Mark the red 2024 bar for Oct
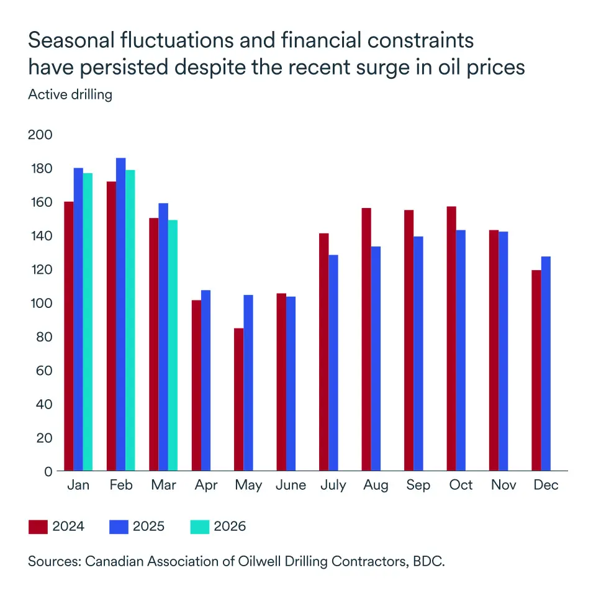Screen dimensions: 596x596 pyautogui.click(x=451, y=339)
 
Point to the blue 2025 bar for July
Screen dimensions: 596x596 pyautogui.click(x=333, y=363)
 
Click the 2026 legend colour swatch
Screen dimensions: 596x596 pyautogui.click(x=199, y=526)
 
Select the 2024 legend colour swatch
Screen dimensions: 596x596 pyautogui.click(x=38, y=526)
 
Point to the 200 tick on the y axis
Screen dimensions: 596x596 pyautogui.click(x=40, y=135)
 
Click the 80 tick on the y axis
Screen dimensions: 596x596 pyautogui.click(x=44, y=337)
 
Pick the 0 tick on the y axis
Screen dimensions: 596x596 pyautogui.click(x=48, y=471)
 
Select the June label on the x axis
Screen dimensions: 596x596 pyautogui.click(x=291, y=485)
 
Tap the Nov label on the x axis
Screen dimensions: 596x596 pyautogui.click(x=503, y=485)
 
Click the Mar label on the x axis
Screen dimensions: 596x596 pyautogui.click(x=163, y=485)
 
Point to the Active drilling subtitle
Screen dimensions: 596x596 pyautogui.click(x=70, y=95)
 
